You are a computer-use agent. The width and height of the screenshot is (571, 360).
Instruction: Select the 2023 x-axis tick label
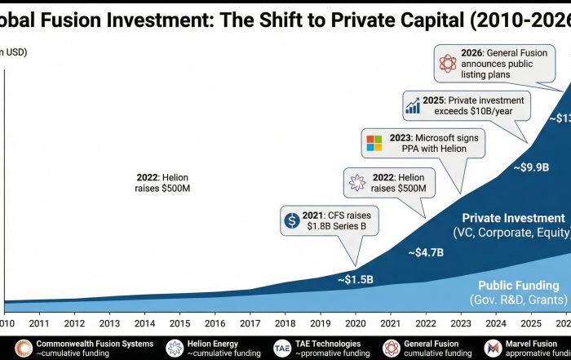coord(462,323)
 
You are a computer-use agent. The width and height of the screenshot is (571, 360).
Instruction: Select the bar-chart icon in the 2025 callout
coord(413,104)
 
